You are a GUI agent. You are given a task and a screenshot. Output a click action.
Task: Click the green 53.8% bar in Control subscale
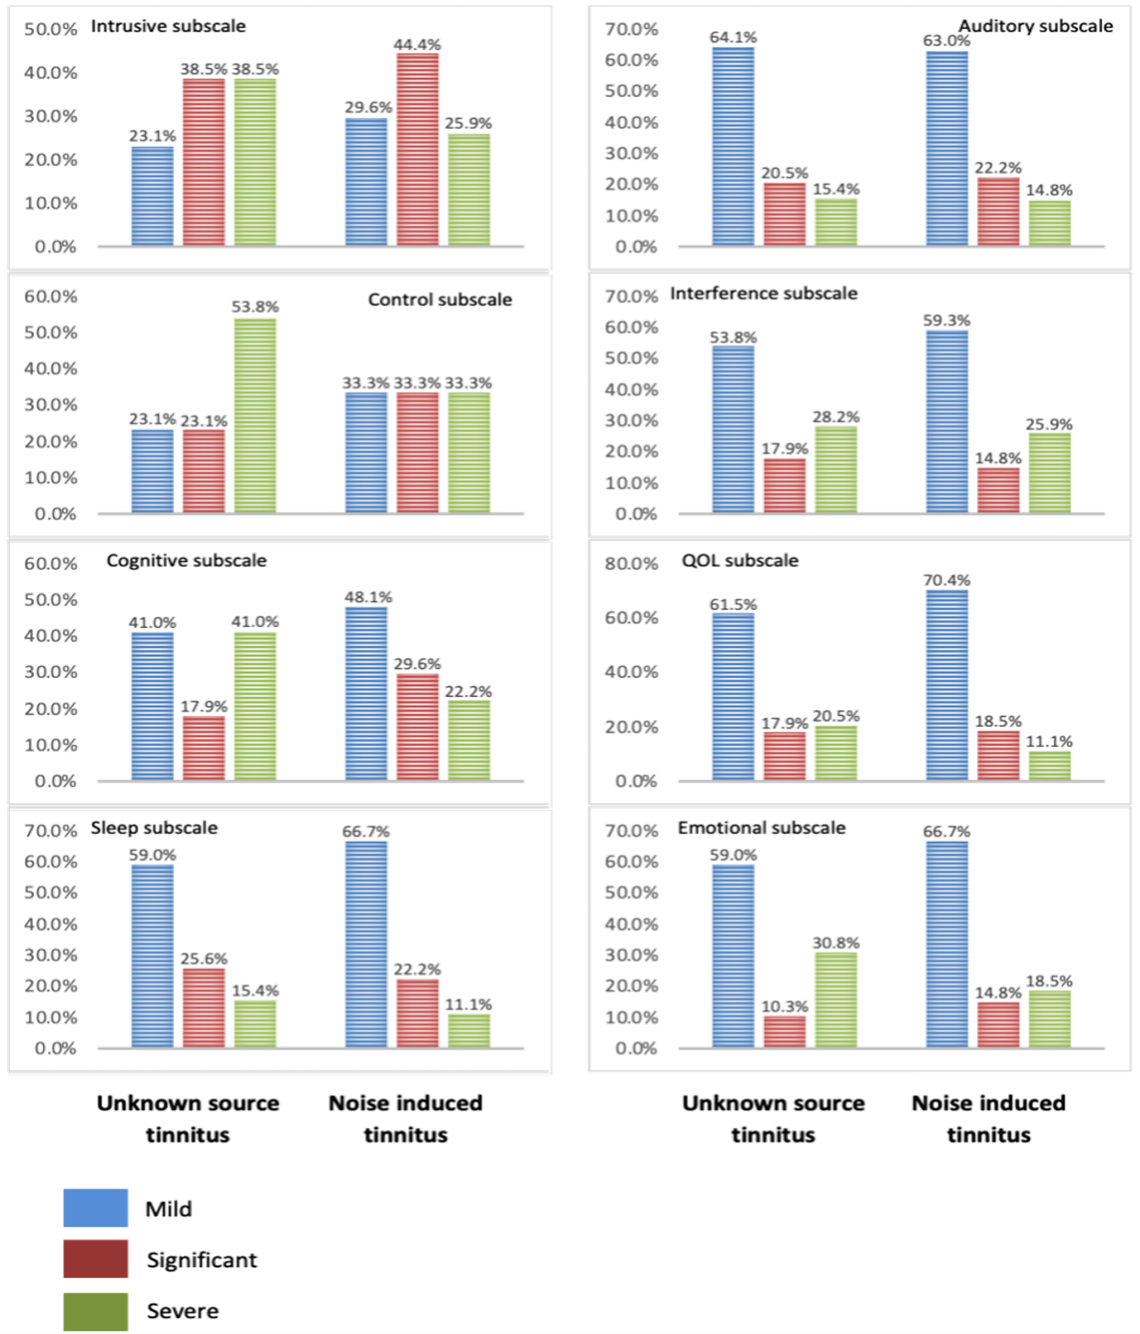[x=255, y=415]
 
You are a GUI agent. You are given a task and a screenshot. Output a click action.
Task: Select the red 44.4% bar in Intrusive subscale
[x=417, y=149]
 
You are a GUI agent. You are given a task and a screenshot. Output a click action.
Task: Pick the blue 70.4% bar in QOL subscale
[x=947, y=685]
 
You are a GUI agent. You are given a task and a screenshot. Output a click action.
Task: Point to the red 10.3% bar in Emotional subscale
[x=785, y=1031]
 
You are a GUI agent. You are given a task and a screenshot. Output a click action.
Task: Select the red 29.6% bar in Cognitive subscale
[x=417, y=727]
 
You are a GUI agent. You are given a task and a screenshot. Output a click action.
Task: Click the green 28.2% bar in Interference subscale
[x=836, y=470]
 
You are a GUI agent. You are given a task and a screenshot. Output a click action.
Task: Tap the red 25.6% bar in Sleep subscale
[x=203, y=1007]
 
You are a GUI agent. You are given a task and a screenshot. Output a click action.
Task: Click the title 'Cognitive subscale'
[x=186, y=560]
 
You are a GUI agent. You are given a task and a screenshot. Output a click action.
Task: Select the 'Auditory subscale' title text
[x=1035, y=26]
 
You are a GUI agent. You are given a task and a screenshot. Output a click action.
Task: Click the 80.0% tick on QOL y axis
[x=631, y=564]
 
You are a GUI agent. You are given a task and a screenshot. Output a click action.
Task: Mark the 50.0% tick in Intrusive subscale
[x=50, y=29]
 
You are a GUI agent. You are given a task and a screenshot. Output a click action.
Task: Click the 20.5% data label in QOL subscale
[x=836, y=716]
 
